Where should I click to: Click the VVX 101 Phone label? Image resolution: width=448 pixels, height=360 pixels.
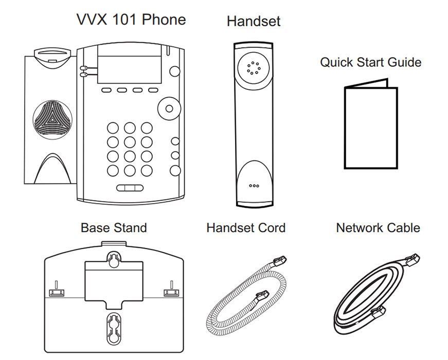click(131, 20)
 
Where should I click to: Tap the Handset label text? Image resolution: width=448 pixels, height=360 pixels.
click(254, 21)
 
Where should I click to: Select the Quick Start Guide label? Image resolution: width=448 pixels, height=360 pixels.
click(370, 62)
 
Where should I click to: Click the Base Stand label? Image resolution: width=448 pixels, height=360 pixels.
click(114, 227)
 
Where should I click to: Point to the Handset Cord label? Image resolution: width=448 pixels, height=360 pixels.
click(246, 227)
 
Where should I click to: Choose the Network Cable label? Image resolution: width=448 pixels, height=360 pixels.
click(378, 227)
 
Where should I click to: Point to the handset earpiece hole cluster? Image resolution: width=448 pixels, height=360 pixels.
click(253, 68)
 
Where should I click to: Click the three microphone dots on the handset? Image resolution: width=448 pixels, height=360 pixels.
click(254, 186)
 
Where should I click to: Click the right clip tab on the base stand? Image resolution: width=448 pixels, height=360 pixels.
click(170, 293)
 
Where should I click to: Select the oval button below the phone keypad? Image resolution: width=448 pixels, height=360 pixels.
click(129, 188)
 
